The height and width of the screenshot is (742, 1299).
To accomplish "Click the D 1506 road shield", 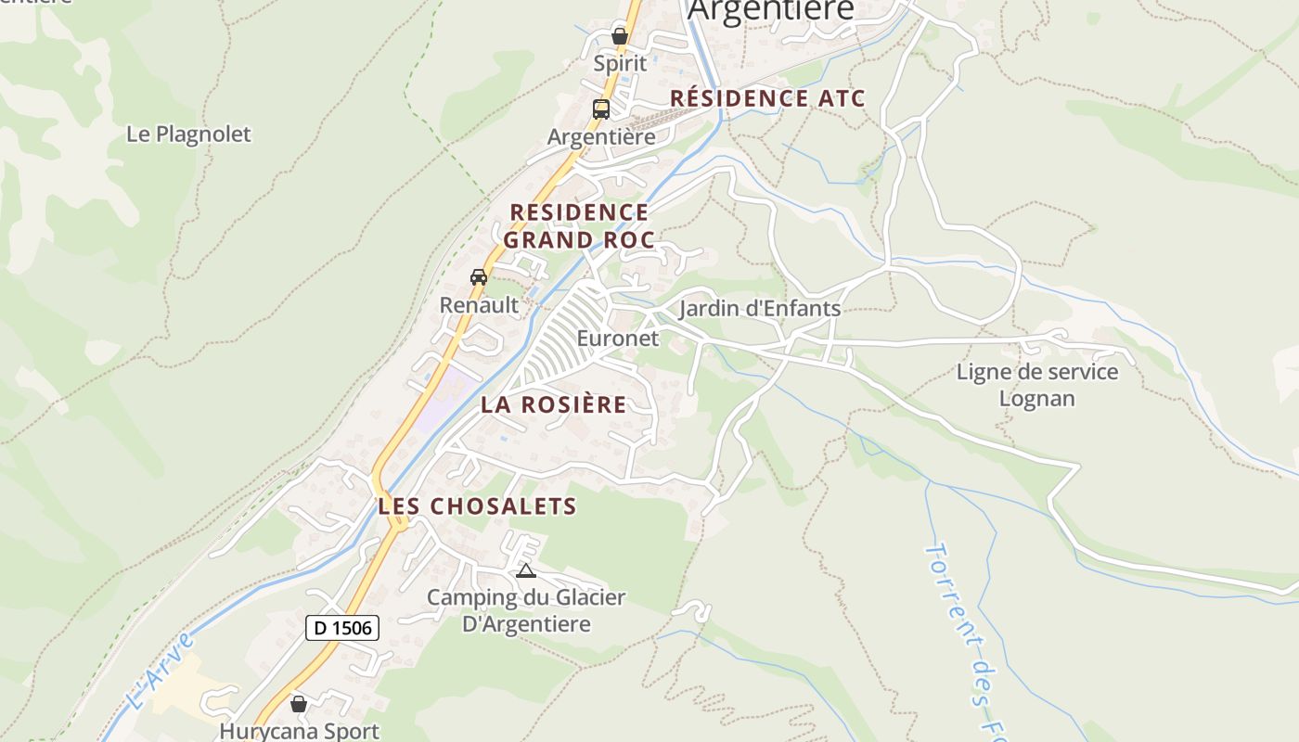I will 342,628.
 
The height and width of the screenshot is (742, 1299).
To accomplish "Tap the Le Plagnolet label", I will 188,134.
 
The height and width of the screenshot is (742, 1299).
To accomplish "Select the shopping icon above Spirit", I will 620,36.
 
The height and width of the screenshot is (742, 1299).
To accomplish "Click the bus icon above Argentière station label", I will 601,109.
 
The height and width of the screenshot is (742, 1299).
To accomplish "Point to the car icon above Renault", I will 479,276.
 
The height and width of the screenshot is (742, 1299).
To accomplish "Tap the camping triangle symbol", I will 526,570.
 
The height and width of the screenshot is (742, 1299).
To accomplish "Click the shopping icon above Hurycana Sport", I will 299,704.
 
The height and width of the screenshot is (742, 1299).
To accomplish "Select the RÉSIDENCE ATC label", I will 767,98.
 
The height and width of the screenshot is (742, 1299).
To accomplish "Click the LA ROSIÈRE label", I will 553,405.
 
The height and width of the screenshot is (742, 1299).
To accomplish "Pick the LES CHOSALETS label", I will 477,506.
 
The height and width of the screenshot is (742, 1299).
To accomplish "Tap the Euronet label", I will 618,339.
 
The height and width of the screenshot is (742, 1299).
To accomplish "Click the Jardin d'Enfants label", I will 760,309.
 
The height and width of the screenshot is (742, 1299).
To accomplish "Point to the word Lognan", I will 1037,399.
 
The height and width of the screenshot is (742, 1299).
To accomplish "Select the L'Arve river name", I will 159,671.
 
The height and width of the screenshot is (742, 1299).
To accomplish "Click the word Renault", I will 479,305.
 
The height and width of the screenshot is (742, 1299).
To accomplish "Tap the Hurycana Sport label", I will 299,731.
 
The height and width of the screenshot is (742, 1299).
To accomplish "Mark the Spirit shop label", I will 620,65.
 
